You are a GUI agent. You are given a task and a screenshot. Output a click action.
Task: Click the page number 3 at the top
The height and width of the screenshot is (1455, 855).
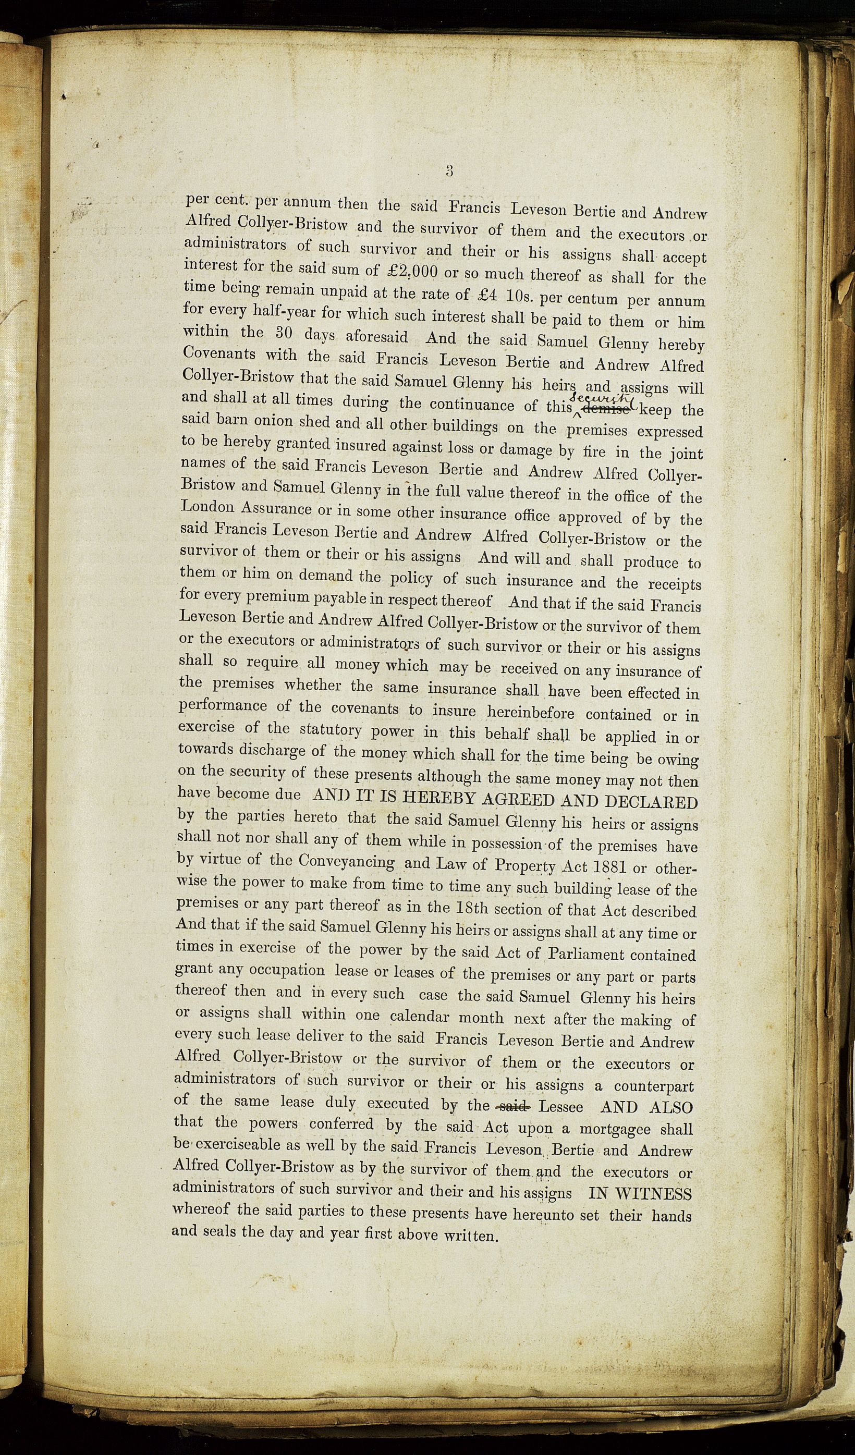[x=449, y=170]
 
